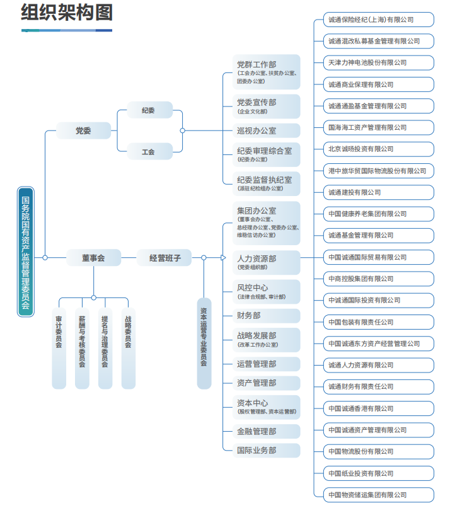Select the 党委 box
(x=83, y=131)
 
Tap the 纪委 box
(x=149, y=110)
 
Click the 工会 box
(x=149, y=152)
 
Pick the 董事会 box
(x=93, y=257)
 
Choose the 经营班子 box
(x=164, y=257)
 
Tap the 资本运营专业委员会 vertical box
(x=204, y=344)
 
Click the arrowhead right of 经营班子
(x=222, y=257)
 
